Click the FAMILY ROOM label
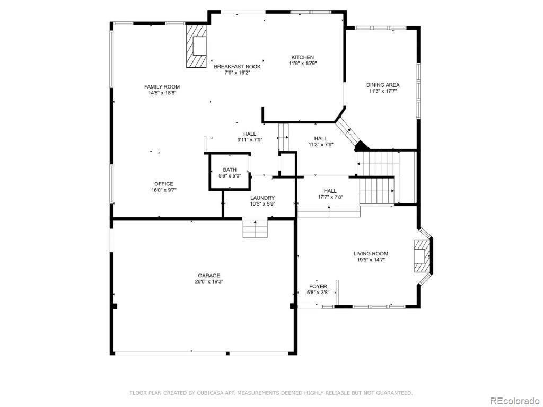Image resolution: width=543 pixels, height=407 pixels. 162,86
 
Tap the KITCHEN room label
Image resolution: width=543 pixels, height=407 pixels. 302,57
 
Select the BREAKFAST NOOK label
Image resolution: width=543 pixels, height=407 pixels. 237,66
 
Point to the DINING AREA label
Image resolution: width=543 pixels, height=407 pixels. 383,85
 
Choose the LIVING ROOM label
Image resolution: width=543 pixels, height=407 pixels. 371,254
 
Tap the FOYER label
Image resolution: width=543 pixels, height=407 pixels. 318,287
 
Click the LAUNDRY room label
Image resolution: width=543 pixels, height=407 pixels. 262,198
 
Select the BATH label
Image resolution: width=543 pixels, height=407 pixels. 230,170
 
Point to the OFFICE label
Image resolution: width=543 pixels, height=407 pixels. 164,184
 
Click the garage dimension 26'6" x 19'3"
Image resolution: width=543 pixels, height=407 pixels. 209,282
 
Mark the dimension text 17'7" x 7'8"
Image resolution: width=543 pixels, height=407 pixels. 330,197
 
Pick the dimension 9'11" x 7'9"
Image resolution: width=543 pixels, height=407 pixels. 250,140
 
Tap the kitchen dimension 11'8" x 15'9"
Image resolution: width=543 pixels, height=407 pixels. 303,64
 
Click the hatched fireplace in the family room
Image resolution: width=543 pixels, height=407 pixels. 196,46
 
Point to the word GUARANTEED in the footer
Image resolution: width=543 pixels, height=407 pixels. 395,393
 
